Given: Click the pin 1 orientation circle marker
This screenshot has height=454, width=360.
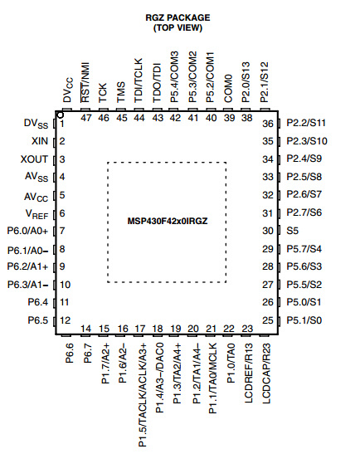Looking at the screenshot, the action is point(61,115).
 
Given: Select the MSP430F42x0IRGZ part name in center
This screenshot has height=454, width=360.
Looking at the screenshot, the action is point(168,222).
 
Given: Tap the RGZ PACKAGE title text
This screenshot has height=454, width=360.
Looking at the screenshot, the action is point(178,17).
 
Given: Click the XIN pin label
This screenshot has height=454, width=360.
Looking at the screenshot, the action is point(40,141).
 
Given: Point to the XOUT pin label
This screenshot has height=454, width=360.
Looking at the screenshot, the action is point(34,159).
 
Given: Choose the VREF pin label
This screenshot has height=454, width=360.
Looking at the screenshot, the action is point(36,214).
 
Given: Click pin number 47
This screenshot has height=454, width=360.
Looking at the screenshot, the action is point(86,118).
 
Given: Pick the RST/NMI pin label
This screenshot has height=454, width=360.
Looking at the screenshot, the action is point(85,82).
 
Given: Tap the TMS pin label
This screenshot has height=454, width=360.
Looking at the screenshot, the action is point(121,92).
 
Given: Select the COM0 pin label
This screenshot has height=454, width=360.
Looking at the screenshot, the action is point(228,88).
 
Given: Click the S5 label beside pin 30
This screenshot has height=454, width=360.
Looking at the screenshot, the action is point(292,231).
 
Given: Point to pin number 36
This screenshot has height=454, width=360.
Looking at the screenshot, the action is point(268,124).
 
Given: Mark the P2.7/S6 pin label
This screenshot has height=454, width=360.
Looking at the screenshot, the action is point(304,212).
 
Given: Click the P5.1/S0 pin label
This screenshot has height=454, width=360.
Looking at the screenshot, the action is point(304,320).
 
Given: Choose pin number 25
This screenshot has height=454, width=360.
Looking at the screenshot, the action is point(268,320).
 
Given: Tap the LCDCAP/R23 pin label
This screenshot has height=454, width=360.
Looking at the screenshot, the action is point(266,373).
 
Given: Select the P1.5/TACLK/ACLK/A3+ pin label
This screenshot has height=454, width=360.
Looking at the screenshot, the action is point(143,395).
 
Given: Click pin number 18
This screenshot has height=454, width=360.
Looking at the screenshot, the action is point(158,329).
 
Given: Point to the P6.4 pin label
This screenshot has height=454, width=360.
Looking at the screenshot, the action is point(38,302).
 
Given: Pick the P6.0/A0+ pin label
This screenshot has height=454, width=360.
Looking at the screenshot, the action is point(27,231).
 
